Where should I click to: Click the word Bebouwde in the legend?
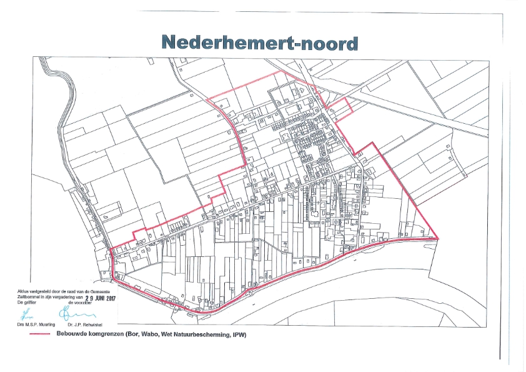[x=72, y=334]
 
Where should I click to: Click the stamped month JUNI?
[x=92, y=298]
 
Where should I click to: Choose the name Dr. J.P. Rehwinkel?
[x=81, y=324]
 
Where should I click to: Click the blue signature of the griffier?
[x=29, y=313]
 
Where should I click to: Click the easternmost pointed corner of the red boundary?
[x=439, y=239]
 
